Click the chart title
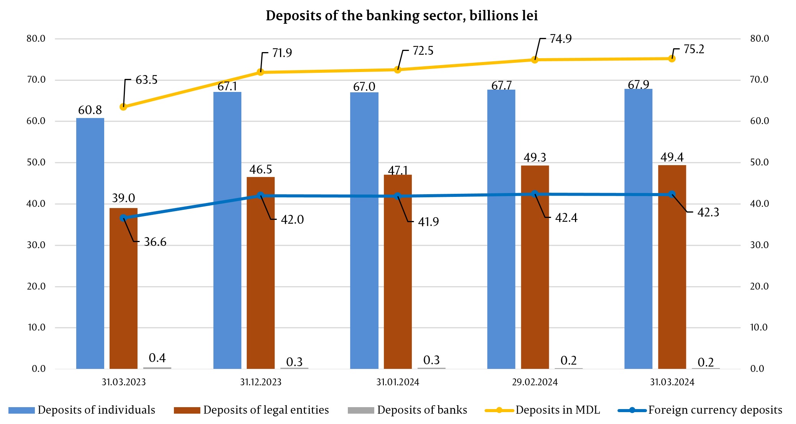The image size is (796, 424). tap(401, 16)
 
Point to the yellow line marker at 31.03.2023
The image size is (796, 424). tap(123, 107)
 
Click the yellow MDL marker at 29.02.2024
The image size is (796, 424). tap(535, 59)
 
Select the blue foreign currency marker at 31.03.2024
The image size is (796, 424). tap(672, 194)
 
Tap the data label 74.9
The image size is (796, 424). tap(561, 39)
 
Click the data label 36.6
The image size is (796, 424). tap(155, 242)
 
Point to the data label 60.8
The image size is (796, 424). tap(90, 110)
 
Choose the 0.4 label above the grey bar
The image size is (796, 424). tap(157, 358)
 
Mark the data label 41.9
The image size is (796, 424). tap(428, 222)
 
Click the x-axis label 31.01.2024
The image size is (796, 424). tap(398, 382)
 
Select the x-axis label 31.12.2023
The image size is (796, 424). tap(260, 382)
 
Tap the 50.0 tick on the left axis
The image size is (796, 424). tap(36, 162)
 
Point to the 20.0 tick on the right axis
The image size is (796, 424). tap(759, 286)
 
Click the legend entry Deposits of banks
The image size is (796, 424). tap(422, 410)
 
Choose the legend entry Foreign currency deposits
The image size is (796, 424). tap(715, 410)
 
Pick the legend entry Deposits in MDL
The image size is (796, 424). tap(557, 410)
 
